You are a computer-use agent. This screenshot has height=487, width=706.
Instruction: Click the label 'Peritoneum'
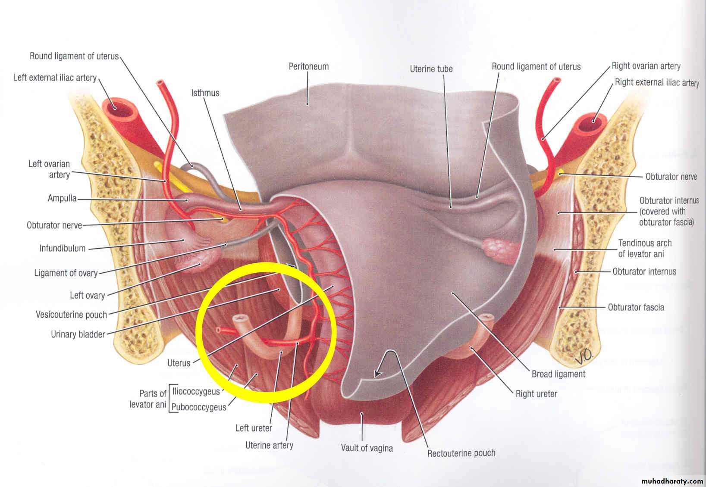point(308,66)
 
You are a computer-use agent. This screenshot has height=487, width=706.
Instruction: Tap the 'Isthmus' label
point(205,93)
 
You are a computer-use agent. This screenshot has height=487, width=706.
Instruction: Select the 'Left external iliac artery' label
point(55,78)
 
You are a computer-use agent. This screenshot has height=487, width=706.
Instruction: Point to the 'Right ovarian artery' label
point(646,66)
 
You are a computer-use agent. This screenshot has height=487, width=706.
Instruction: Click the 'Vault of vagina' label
point(367,448)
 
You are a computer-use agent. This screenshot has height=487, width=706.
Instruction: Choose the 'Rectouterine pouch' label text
point(461,453)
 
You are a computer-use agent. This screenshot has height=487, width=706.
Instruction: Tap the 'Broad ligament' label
point(558,374)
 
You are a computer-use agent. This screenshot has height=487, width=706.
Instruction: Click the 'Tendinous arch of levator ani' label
point(645,248)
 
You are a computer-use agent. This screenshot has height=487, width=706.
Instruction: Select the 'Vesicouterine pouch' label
point(71,314)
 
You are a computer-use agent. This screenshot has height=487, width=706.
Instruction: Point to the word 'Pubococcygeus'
point(199,407)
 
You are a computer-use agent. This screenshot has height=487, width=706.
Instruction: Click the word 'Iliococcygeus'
point(196,391)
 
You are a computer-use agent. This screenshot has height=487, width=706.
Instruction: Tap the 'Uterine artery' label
point(269,445)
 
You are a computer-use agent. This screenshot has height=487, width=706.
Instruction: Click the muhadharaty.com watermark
point(672,481)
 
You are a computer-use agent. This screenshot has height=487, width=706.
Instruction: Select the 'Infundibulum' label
point(63,248)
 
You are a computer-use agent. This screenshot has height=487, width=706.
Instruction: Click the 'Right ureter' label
point(536,393)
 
